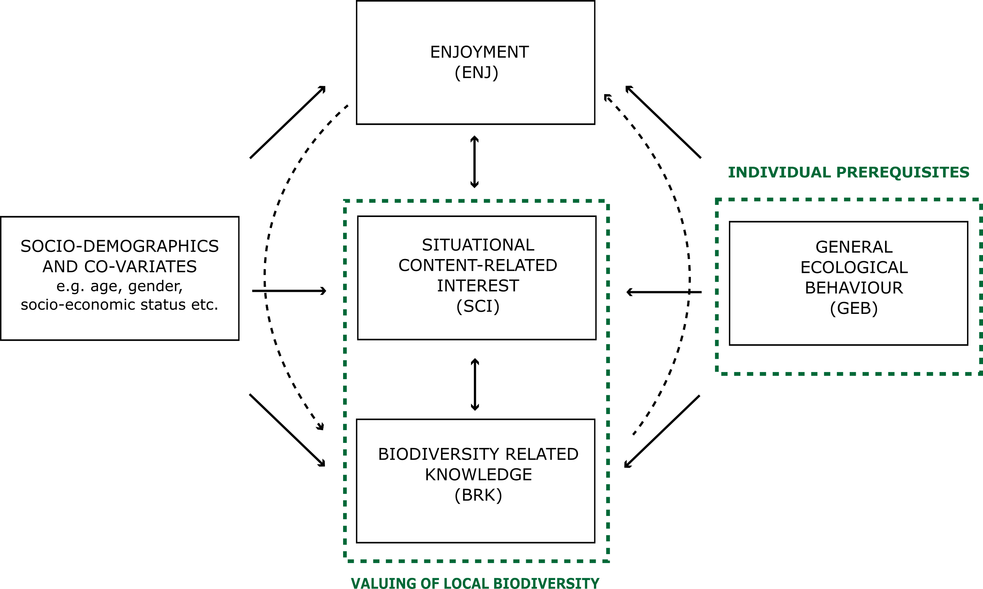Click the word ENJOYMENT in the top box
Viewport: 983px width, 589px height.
pyautogui.click(x=480, y=52)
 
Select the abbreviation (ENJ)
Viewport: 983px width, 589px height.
pyautogui.click(x=476, y=72)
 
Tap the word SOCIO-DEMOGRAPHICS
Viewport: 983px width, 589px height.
pyautogui.click(x=119, y=246)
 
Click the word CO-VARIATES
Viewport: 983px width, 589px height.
pyautogui.click(x=140, y=266)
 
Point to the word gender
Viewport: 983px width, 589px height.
pyautogui.click(x=156, y=286)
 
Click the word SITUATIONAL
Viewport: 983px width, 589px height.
pyautogui.click(x=478, y=245)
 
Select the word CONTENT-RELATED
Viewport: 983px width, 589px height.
pyautogui.click(x=478, y=265)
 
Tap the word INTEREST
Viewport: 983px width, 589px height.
pyautogui.click(x=478, y=286)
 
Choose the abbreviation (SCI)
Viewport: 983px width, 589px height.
pyautogui.click(x=478, y=306)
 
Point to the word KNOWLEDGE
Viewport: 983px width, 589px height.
pyautogui.click(x=478, y=474)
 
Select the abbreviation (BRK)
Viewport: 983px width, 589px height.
pyautogui.click(x=478, y=495)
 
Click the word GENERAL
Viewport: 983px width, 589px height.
pyautogui.click(x=854, y=247)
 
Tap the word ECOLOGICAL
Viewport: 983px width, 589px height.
pyautogui.click(x=854, y=267)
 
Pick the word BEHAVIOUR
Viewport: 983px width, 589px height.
pyautogui.click(x=854, y=288)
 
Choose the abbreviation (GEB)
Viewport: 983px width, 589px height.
pyautogui.click(x=854, y=308)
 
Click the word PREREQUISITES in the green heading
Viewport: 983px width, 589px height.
pyautogui.click(x=902, y=172)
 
